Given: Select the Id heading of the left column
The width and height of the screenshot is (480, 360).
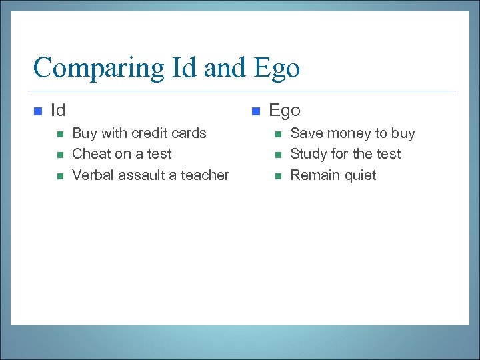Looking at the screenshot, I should tap(58, 110).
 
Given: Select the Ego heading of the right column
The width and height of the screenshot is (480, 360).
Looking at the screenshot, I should tap(285, 110).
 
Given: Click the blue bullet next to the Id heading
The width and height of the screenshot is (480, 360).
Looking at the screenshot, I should tap(38, 111).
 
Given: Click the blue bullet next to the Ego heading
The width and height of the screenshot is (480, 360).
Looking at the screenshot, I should tap(256, 111).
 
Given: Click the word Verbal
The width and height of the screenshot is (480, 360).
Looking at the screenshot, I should tap(93, 175).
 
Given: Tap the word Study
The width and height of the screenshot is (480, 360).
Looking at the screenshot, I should tap(308, 154).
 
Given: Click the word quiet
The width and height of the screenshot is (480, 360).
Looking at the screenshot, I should tap(359, 175).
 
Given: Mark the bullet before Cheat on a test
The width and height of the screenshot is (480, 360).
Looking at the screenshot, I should tap(59, 155).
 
